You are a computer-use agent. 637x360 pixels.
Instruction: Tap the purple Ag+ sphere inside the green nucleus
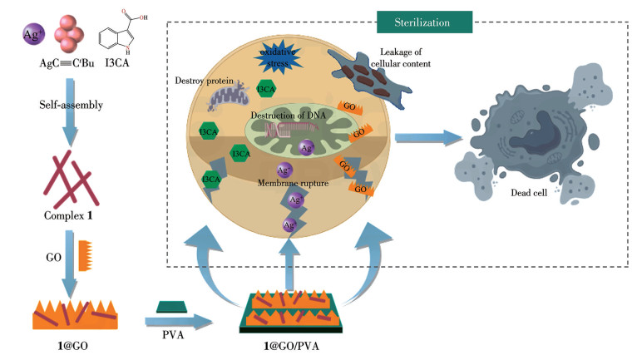(x=307, y=148)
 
